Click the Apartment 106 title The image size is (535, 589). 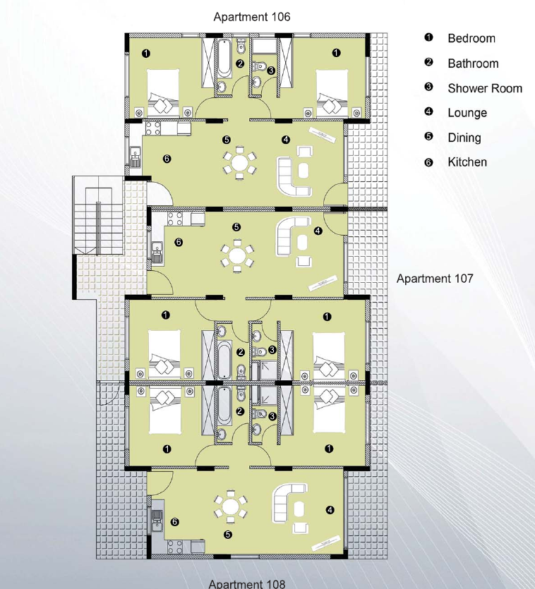coord(251,16)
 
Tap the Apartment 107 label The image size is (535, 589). coord(434,279)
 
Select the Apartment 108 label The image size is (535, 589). coord(247,583)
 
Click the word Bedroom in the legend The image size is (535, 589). coord(471,39)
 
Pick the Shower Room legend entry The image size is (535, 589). coord(485,88)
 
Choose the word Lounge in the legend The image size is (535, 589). coord(467,113)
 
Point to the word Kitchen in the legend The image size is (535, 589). coord(467,162)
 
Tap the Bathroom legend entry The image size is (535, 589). coord(473,63)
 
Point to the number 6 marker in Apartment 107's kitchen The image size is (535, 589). coord(179,242)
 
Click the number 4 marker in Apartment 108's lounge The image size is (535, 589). coord(330,510)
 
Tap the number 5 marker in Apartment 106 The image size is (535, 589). coord(226,140)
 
